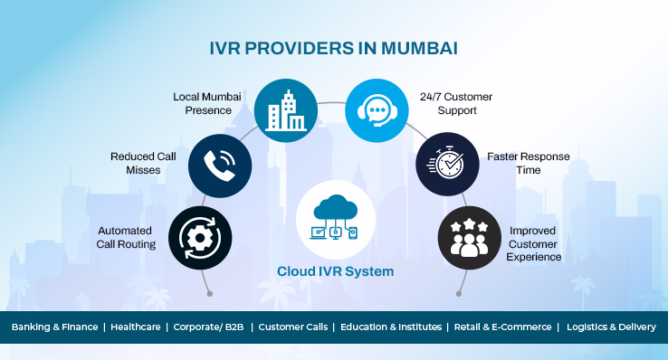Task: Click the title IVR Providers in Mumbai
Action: [x=334, y=46]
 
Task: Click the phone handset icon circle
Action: [x=215, y=163]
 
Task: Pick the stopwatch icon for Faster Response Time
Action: [x=443, y=163]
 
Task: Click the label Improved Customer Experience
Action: [x=535, y=243]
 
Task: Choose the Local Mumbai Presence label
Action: [x=208, y=102]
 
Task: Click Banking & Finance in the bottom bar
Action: [x=52, y=327]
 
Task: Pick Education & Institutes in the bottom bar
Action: [x=391, y=327]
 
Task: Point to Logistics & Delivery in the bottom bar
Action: [x=611, y=327]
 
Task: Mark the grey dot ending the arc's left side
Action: [x=209, y=294]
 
